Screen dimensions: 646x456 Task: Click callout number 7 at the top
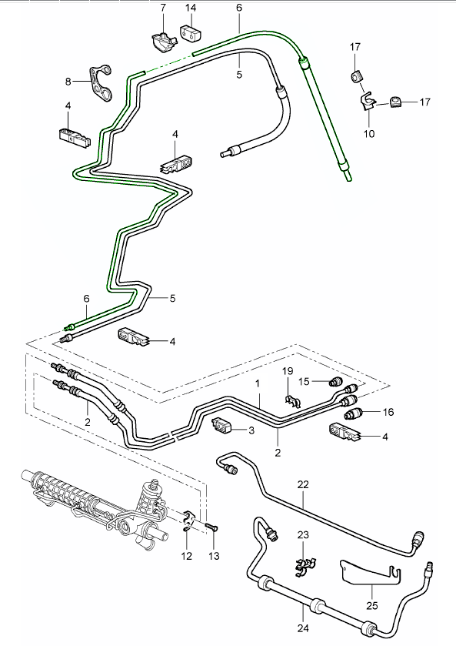tap(162, 8)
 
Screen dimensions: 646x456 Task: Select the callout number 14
tap(190, 8)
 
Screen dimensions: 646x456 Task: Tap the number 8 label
tap(68, 81)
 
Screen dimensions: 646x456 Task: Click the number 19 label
tap(287, 372)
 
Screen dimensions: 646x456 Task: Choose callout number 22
tap(302, 484)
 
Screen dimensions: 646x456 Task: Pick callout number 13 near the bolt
tap(214, 556)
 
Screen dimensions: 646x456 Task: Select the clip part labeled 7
tap(161, 39)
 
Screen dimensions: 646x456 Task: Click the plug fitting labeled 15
tap(335, 382)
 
